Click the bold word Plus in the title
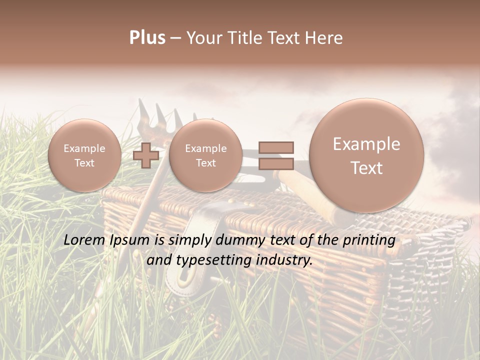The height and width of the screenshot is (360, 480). coord(147,38)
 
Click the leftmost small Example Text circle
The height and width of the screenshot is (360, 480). coord(84,155)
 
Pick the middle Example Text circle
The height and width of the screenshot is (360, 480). coord(205,155)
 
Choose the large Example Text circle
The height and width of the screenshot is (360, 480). coord(366,155)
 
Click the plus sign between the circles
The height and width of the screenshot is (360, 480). coord(146,155)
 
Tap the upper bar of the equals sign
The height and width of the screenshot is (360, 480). coord(276,147)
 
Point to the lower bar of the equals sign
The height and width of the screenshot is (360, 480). coord(276,163)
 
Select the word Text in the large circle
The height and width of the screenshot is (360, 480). coord(366,168)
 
